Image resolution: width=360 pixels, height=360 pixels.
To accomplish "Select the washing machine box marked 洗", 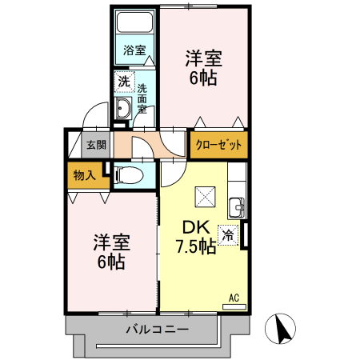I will point(124,81).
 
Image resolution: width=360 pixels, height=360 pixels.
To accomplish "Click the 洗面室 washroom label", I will point(142,98).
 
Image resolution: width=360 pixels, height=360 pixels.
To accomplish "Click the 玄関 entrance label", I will point(96,145).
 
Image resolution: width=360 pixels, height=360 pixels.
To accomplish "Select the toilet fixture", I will point(132,174).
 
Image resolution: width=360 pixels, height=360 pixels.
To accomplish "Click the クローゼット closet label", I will point(218,145).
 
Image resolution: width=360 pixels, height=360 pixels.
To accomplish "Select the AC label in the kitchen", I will point(234,298).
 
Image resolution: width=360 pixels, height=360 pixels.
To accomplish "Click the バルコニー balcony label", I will point(157,330).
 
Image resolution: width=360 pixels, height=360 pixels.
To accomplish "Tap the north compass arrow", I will point(282,329).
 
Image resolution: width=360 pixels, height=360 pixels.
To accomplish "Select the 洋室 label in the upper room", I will point(203,58).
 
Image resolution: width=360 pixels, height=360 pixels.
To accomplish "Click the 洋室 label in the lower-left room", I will point(111,241).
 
